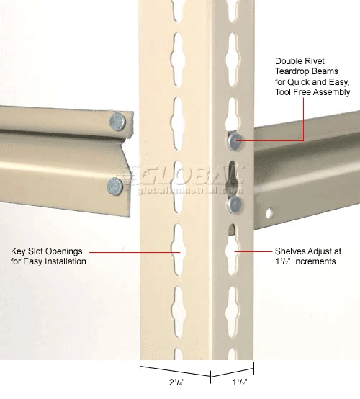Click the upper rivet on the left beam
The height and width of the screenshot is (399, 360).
[x=117, y=122]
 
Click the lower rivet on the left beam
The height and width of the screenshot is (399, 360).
[x=115, y=187]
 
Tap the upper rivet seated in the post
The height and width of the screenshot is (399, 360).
[x=235, y=140]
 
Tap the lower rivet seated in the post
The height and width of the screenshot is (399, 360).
[x=234, y=205]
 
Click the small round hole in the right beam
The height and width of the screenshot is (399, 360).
[x=269, y=212]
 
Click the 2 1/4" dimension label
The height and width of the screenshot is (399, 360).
[x=177, y=382]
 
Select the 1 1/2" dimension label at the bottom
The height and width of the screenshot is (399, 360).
[x=240, y=382]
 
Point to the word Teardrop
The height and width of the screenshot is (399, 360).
[x=294, y=71]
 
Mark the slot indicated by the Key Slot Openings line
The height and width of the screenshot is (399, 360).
[x=179, y=250]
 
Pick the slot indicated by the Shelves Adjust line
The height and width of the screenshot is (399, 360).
[x=232, y=254]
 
